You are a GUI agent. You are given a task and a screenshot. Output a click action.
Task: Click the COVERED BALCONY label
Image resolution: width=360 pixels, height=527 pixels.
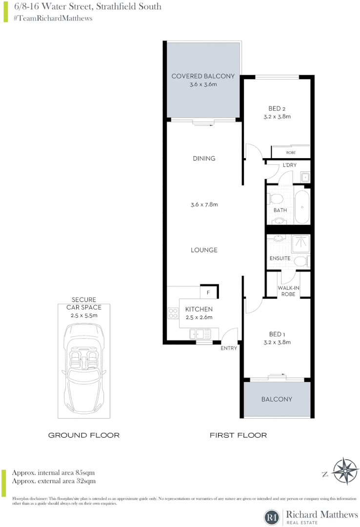point(203,76)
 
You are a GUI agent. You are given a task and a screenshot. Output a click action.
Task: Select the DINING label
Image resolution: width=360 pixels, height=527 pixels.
point(204,159)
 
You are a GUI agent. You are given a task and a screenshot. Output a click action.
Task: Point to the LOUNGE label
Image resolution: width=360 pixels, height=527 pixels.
point(204,250)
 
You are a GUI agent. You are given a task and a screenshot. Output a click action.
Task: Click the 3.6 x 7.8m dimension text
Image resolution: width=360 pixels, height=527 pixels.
point(204,204)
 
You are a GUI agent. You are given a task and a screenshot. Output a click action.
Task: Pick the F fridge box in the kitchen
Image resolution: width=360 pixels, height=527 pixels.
point(208,292)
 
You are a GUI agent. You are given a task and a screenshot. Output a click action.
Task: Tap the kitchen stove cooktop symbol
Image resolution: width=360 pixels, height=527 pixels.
point(173,313)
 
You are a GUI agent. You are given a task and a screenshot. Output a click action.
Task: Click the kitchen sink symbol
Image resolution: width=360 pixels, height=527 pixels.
point(200,334)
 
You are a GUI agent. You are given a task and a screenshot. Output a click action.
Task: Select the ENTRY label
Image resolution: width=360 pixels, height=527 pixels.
point(228,348)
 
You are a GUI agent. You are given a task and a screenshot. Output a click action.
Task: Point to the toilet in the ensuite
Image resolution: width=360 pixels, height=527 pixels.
point(301,262)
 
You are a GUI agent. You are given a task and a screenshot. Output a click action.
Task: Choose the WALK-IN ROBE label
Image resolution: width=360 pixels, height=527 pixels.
point(288,291)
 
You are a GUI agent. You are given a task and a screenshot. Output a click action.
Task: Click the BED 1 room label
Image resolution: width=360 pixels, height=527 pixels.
point(276,334)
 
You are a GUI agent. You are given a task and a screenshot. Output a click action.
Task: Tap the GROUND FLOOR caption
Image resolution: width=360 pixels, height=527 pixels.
point(83,435)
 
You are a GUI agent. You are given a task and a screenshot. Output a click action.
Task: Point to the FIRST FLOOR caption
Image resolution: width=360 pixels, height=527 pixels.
point(238,435)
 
